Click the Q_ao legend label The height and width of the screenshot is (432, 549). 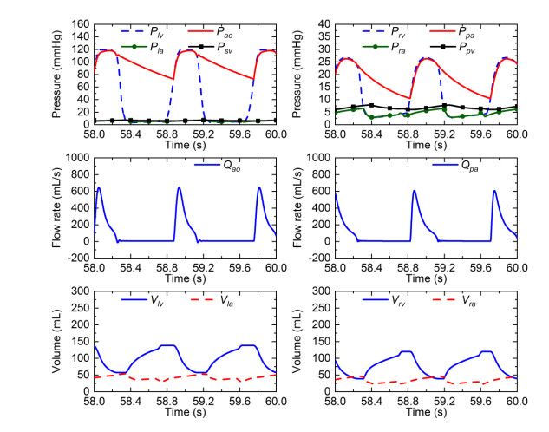(226, 163)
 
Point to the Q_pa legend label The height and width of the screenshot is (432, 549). (467, 163)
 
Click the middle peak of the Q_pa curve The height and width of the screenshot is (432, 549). (415, 191)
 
